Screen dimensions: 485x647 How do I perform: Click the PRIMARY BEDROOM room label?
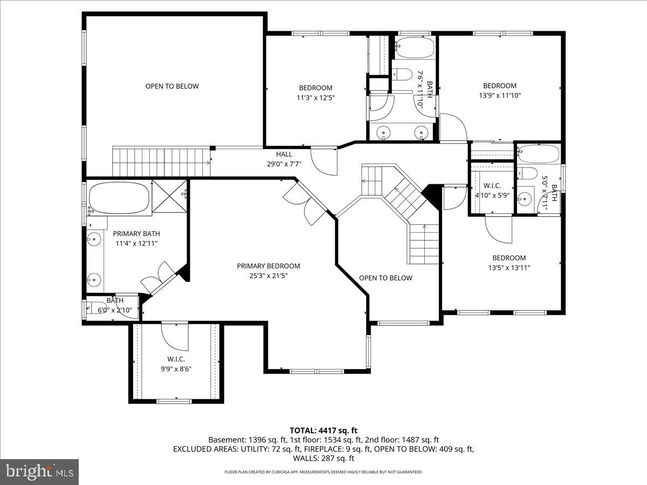pos(269,266)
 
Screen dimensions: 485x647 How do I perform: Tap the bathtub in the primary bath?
pos(119,198)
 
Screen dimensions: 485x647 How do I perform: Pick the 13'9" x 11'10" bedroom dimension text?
pos(499,95)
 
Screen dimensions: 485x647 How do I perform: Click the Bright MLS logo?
pos(39,472)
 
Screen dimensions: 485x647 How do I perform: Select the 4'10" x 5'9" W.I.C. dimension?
pos(492,195)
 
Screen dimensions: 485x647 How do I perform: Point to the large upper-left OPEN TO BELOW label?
pos(172,86)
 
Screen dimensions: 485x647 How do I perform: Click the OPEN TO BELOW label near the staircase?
pos(386,278)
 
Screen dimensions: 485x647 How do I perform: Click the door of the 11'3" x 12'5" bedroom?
pos(323,161)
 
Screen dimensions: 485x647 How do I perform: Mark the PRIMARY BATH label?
pos(136,233)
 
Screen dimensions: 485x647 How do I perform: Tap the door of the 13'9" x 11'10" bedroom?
pos(453,127)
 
